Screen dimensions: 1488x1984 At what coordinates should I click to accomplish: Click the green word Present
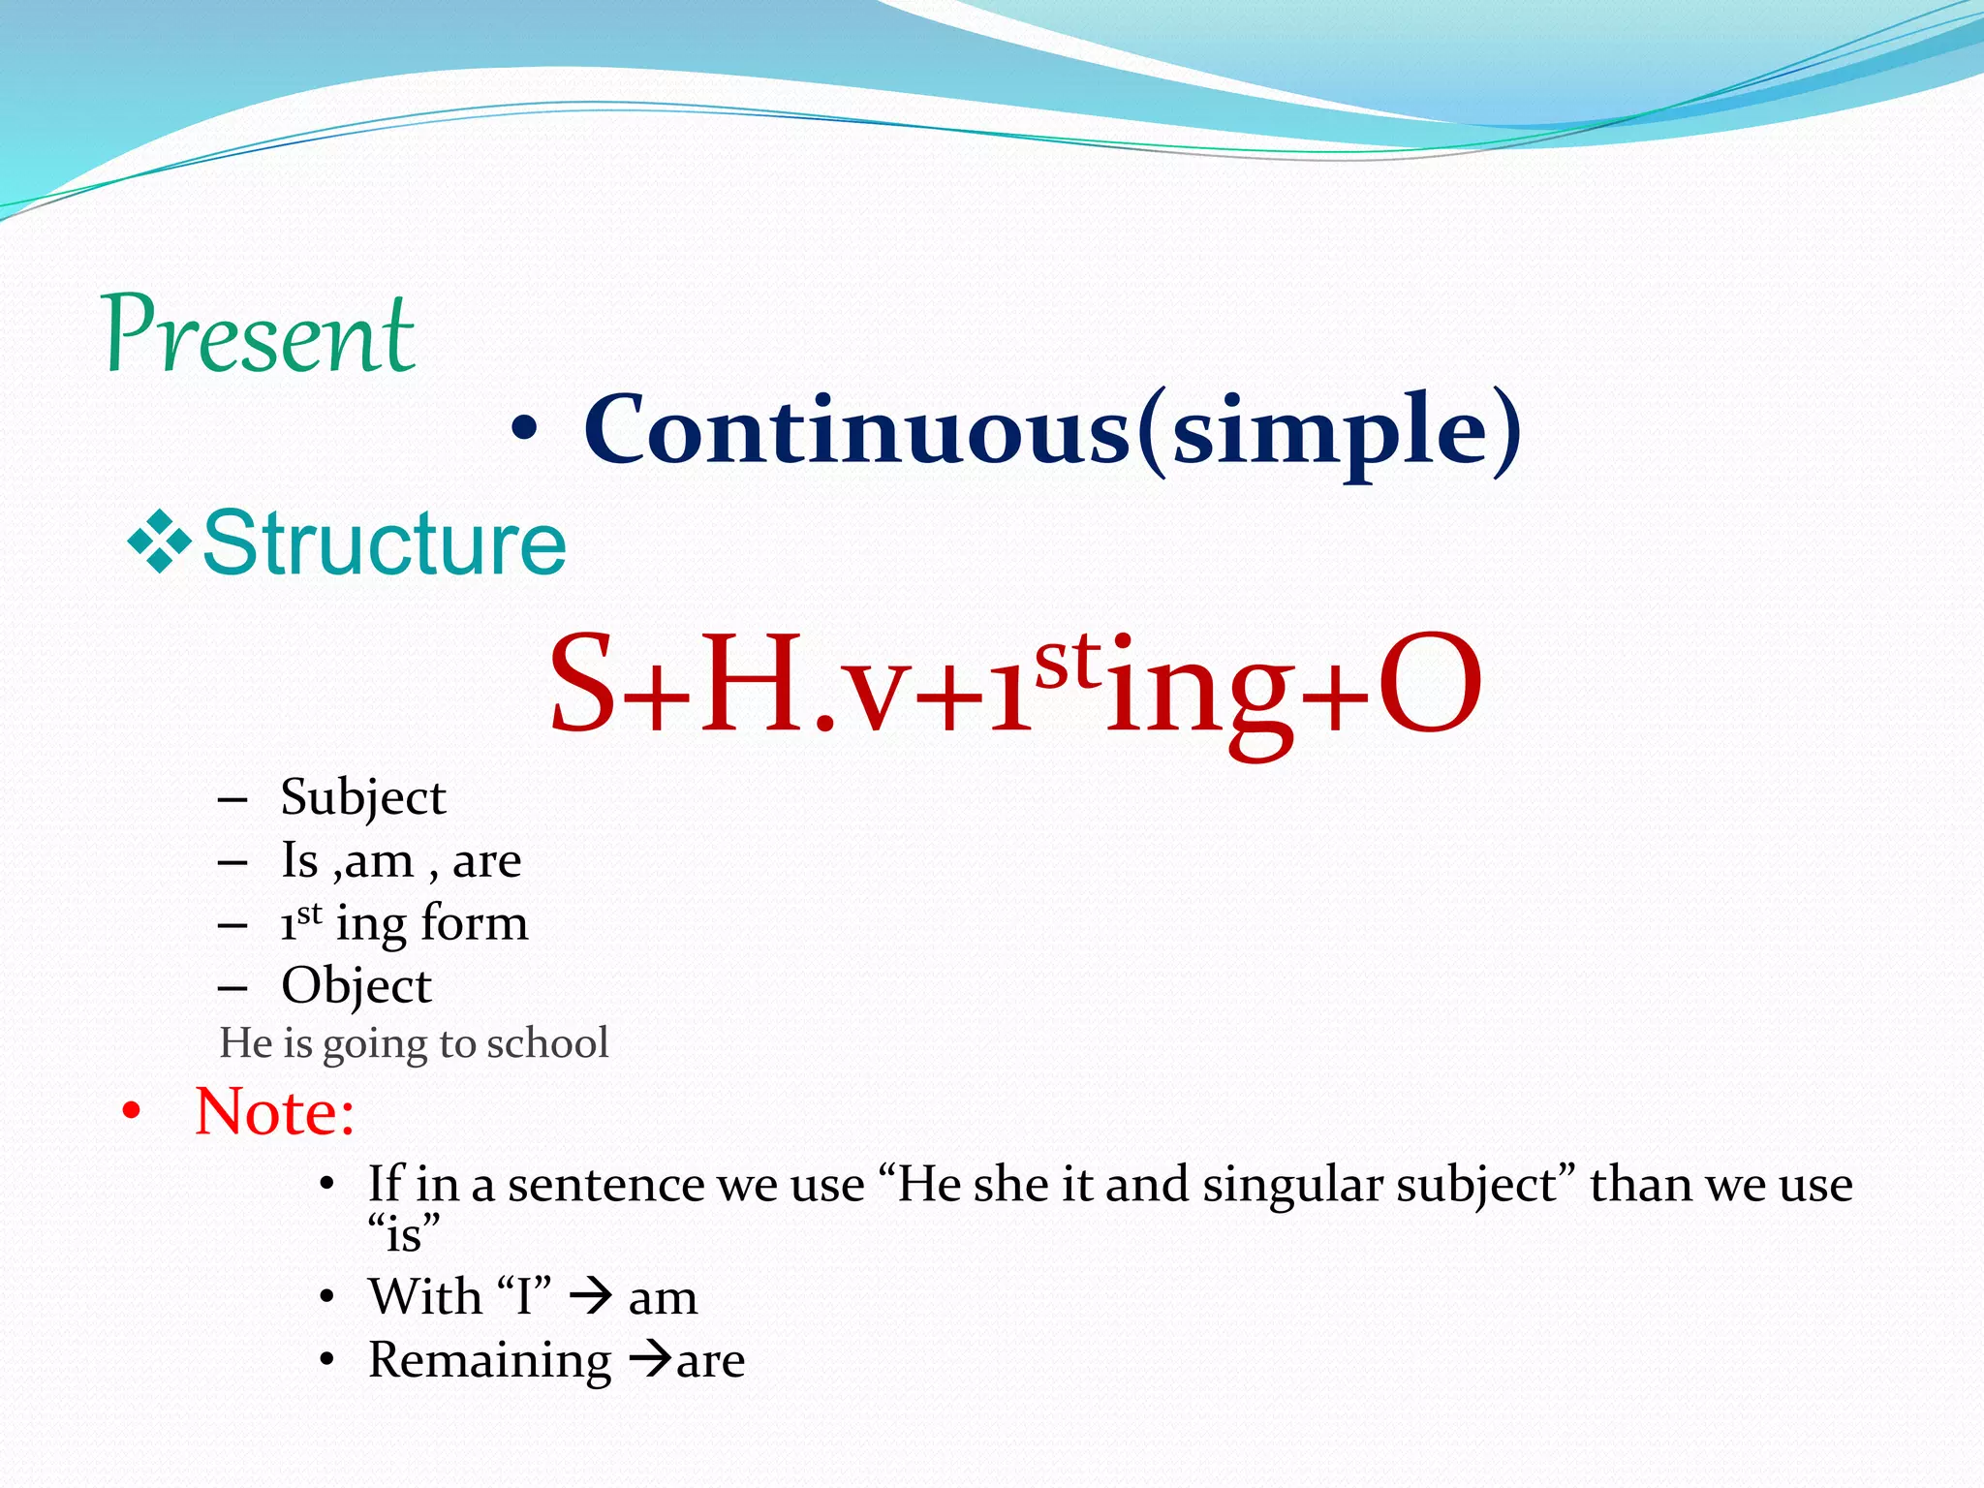click(260, 334)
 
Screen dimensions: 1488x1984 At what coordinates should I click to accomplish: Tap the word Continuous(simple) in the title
click(1052, 431)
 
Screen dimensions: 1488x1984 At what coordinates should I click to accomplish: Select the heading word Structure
click(385, 543)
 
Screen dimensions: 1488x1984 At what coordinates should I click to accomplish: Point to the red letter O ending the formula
click(1430, 683)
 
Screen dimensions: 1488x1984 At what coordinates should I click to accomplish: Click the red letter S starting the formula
click(582, 683)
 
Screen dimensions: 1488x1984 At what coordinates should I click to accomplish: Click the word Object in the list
click(356, 986)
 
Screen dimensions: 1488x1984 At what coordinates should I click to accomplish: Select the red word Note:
click(274, 1111)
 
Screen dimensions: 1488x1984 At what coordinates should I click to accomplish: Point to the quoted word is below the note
click(404, 1234)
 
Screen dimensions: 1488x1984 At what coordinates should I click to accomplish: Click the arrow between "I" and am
click(591, 1296)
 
